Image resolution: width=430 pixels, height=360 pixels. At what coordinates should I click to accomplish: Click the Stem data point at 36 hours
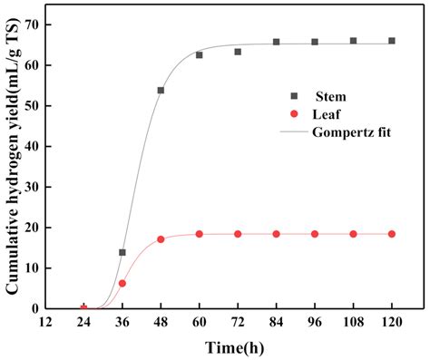(x=122, y=252)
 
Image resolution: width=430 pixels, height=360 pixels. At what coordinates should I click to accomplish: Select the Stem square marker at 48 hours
(x=161, y=91)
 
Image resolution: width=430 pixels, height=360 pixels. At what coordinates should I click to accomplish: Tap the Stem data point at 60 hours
(x=200, y=55)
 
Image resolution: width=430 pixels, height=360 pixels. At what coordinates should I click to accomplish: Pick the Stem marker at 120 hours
(x=392, y=41)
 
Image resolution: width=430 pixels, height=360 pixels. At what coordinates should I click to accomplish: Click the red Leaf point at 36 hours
(x=122, y=283)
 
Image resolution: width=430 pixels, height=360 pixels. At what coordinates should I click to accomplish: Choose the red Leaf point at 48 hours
(x=161, y=239)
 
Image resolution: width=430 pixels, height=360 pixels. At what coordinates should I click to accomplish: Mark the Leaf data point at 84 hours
(x=277, y=234)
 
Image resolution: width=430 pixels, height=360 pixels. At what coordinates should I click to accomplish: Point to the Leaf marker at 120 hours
(x=392, y=234)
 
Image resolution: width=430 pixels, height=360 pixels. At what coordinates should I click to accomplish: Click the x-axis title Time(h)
(x=238, y=348)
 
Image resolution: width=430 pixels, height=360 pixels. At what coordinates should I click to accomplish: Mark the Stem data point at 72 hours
(x=238, y=52)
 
